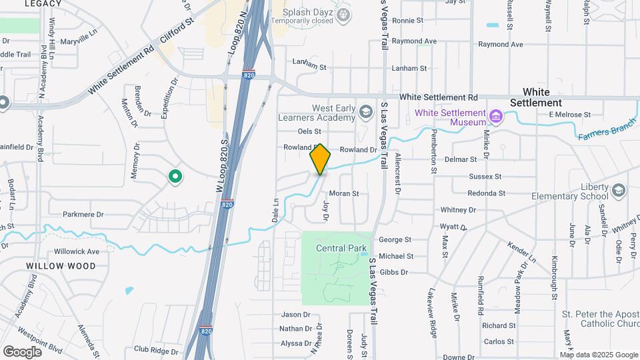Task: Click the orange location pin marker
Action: tap(320, 159)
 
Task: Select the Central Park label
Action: tap(341, 249)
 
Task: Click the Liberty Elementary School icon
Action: tap(618, 191)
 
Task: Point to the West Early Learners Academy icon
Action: tap(365, 112)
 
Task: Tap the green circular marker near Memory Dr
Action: tap(175, 177)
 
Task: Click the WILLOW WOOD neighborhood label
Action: tap(61, 265)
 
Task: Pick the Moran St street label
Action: tap(344, 193)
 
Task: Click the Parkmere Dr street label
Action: tap(83, 215)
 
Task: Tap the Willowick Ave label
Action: tap(77, 251)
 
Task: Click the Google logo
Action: tap(22, 351)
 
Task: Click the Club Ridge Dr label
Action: tap(156, 349)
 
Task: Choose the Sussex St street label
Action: tap(485, 177)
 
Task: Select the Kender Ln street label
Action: tap(522, 251)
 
